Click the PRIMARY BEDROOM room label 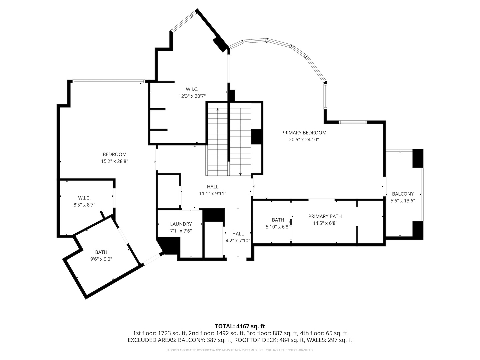pos(304,133)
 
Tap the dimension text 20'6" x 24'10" pos(304,140)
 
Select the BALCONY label pos(403,194)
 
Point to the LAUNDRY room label pos(181,224)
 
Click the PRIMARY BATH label pos(325,216)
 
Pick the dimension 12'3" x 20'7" pos(192,96)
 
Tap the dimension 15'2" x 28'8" pos(114,161)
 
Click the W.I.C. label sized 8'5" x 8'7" pos(84,198)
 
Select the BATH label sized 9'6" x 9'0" pos(101,252)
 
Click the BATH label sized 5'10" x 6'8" pos(278,220)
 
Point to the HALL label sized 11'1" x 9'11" pos(212,187)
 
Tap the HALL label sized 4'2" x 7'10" pos(238,234)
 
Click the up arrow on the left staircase pos(218,109)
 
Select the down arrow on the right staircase pos(240,174)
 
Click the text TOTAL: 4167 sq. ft pos(240,326)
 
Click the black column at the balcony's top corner pos(418,158)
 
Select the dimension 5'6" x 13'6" pos(403,201)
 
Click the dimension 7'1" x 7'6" pos(181,231)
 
